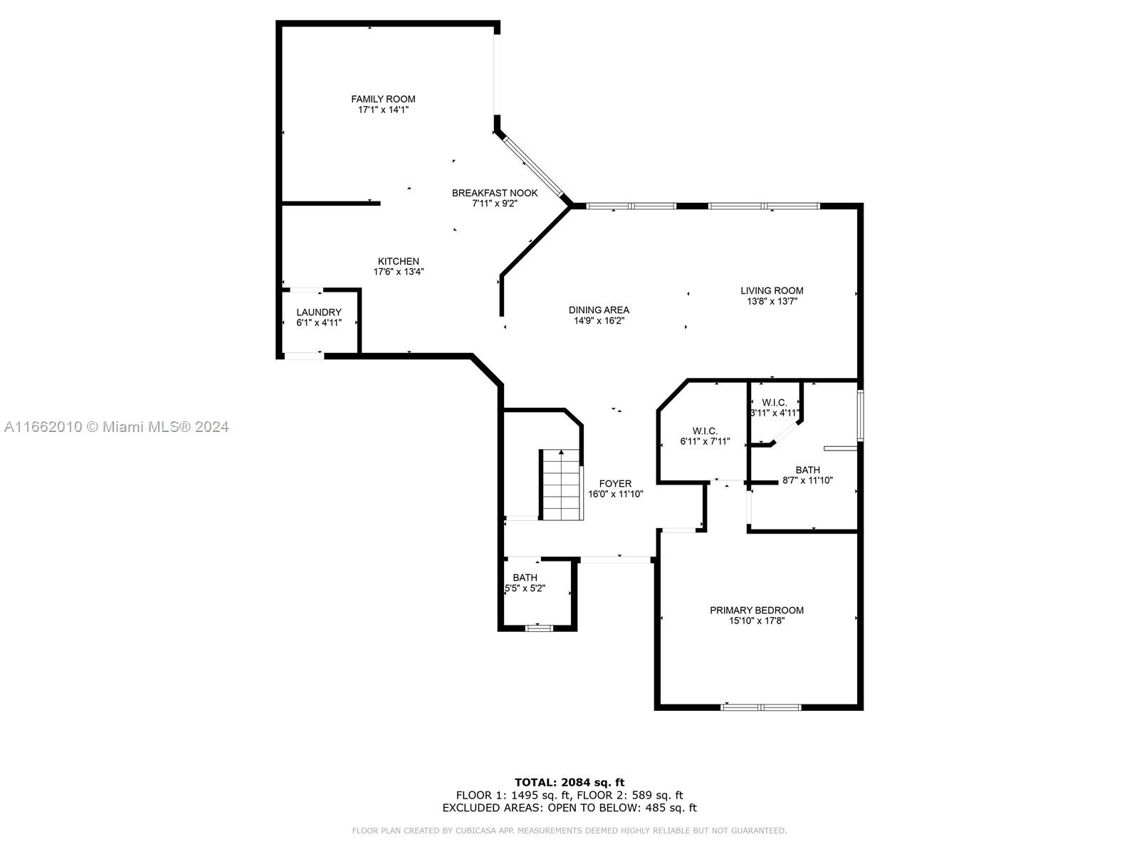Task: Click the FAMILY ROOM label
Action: click(x=383, y=99)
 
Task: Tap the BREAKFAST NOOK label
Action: click(x=495, y=193)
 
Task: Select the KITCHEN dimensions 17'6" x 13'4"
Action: click(x=399, y=272)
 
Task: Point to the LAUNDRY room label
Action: click(x=319, y=312)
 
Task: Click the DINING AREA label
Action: click(x=599, y=310)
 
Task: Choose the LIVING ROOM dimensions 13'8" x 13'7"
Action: click(x=772, y=301)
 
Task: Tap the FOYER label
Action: click(x=616, y=484)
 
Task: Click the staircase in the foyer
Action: click(x=561, y=485)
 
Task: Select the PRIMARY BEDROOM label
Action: click(x=757, y=611)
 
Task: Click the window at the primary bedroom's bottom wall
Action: click(x=761, y=707)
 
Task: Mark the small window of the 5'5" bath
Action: click(x=539, y=628)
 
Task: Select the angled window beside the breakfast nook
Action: click(x=533, y=167)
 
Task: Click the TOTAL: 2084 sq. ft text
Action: click(x=569, y=782)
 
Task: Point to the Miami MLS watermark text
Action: click(x=116, y=427)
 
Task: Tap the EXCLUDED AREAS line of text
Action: click(x=569, y=807)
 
